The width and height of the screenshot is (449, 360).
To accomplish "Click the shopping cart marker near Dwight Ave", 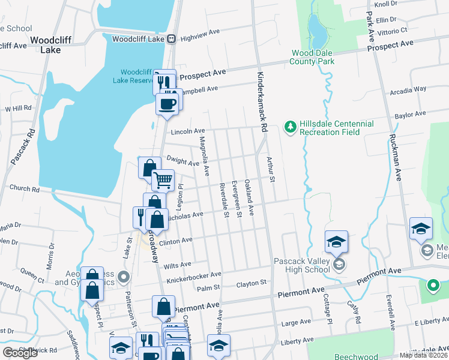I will (x=163, y=179).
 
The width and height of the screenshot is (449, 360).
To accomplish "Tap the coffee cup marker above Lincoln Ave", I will (x=167, y=104).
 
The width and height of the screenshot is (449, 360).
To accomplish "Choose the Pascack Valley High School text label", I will (x=301, y=265).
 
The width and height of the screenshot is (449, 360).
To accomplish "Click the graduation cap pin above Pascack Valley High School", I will (x=336, y=242).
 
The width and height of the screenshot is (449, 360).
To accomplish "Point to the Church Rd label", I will (x=24, y=188).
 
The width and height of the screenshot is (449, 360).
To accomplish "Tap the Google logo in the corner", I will (x=20, y=353).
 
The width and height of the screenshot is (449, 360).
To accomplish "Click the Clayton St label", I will (x=251, y=283).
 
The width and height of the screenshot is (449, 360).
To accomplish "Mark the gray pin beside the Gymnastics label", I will (x=124, y=277).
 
